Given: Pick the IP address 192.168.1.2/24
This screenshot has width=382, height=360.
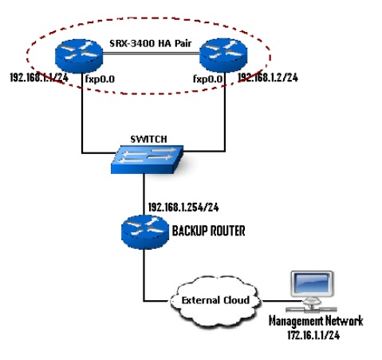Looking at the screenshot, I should click(x=268, y=78).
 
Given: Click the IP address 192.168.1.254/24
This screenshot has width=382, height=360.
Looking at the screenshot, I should click(x=183, y=206).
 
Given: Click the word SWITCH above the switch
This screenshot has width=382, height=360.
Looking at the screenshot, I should click(x=149, y=138).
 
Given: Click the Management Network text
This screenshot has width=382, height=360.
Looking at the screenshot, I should click(x=316, y=320).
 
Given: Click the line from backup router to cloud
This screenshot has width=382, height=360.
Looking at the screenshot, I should click(x=145, y=279).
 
